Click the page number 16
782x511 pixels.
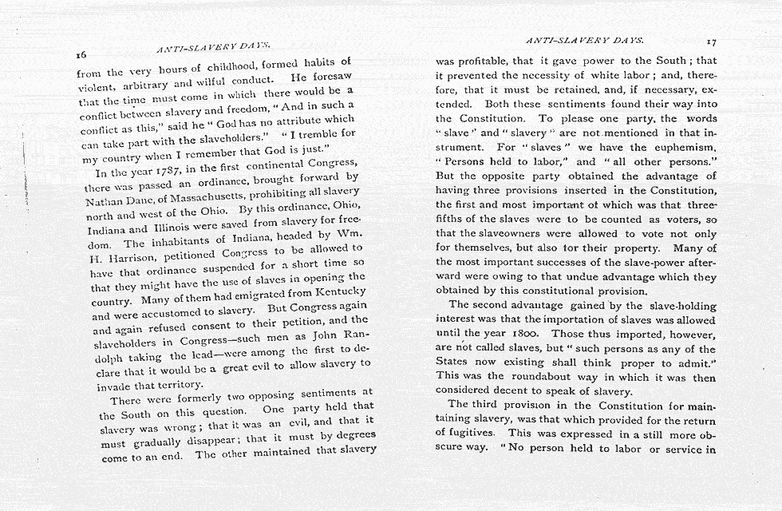(81, 55)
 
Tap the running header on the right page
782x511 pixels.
(585, 39)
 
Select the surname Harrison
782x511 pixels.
(120, 258)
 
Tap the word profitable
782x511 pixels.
(484, 61)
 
